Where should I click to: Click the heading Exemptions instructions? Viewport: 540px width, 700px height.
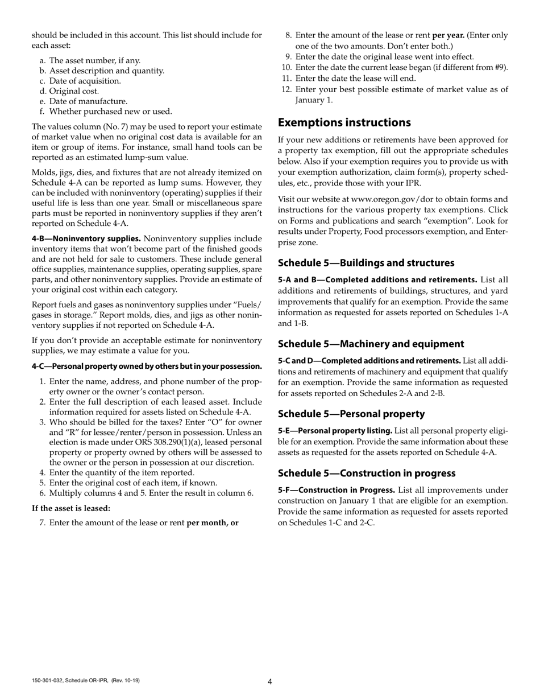(x=344, y=123)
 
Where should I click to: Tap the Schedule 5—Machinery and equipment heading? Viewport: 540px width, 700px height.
(x=371, y=344)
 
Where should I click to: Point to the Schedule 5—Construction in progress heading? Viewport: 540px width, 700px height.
(x=366, y=473)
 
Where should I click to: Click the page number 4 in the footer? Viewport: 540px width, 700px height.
(x=270, y=682)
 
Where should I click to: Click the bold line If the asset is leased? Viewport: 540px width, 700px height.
(x=71, y=508)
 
